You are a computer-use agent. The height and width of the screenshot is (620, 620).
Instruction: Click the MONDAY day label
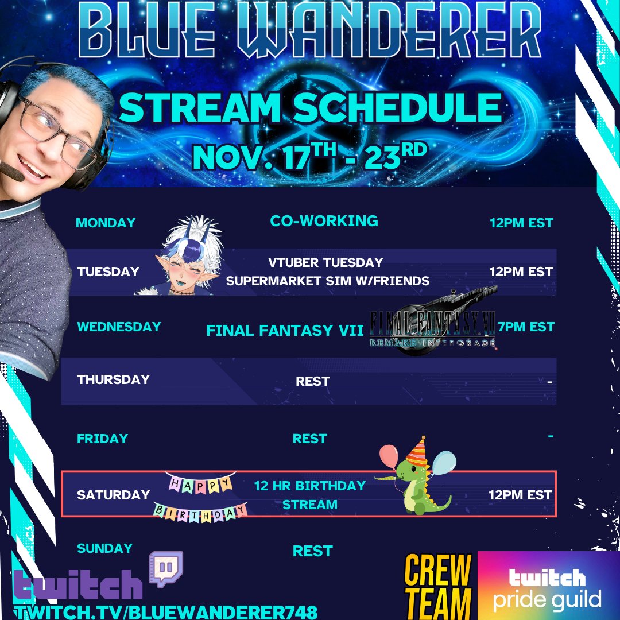[106, 223]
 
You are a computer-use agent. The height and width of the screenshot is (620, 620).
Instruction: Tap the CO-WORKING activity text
[324, 221]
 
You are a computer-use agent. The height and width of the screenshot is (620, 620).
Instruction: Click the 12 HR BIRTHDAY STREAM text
[310, 495]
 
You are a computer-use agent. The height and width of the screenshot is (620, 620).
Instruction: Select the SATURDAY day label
[114, 495]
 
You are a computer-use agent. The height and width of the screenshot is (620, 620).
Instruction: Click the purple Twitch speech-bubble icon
[165, 568]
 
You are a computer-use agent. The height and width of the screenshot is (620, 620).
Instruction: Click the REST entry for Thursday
[312, 381]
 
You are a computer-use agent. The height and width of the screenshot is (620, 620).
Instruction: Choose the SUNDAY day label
[105, 549]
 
